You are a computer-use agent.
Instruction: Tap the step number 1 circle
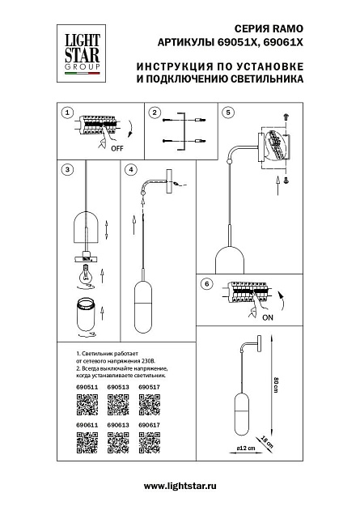pyautogui.click(x=67, y=113)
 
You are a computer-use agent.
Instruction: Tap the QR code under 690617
pyautogui.click(x=149, y=442)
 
